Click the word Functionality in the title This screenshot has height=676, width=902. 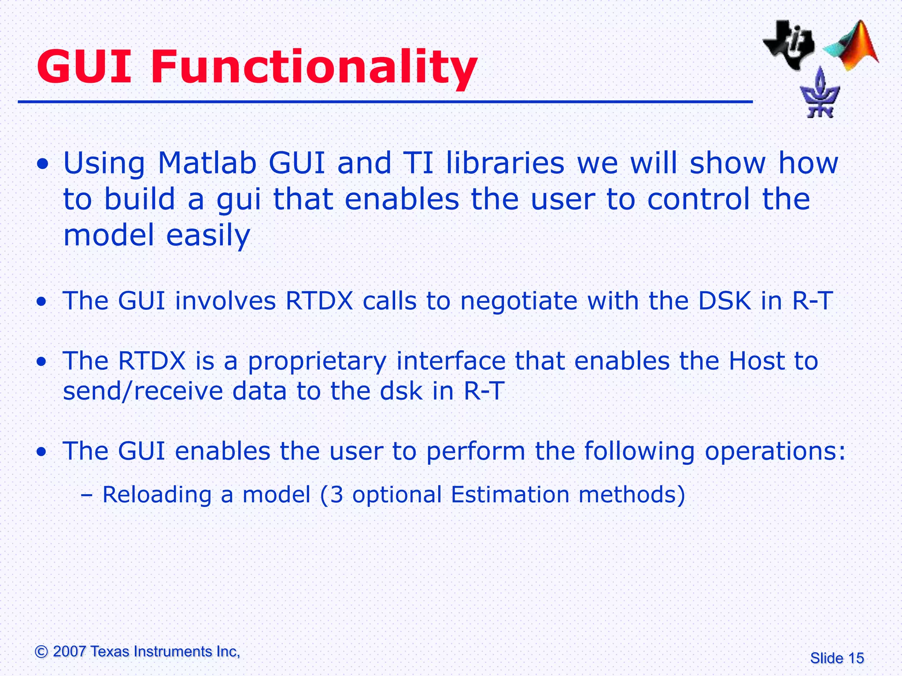point(314,67)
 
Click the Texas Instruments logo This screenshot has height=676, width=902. point(788,44)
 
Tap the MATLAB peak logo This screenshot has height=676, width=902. point(852,46)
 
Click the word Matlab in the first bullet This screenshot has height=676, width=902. point(207,163)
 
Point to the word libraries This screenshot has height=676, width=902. point(505,163)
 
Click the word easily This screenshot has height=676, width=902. point(208,235)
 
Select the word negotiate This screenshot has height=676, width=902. point(519,301)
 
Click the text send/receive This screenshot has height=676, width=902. point(143,391)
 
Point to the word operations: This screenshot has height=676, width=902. point(775,452)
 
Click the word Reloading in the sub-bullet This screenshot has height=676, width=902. point(157,495)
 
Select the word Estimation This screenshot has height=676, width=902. point(510,494)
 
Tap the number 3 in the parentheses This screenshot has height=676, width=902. point(336,494)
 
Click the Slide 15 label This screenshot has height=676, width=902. point(837,658)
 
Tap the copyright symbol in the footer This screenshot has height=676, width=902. point(41,651)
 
